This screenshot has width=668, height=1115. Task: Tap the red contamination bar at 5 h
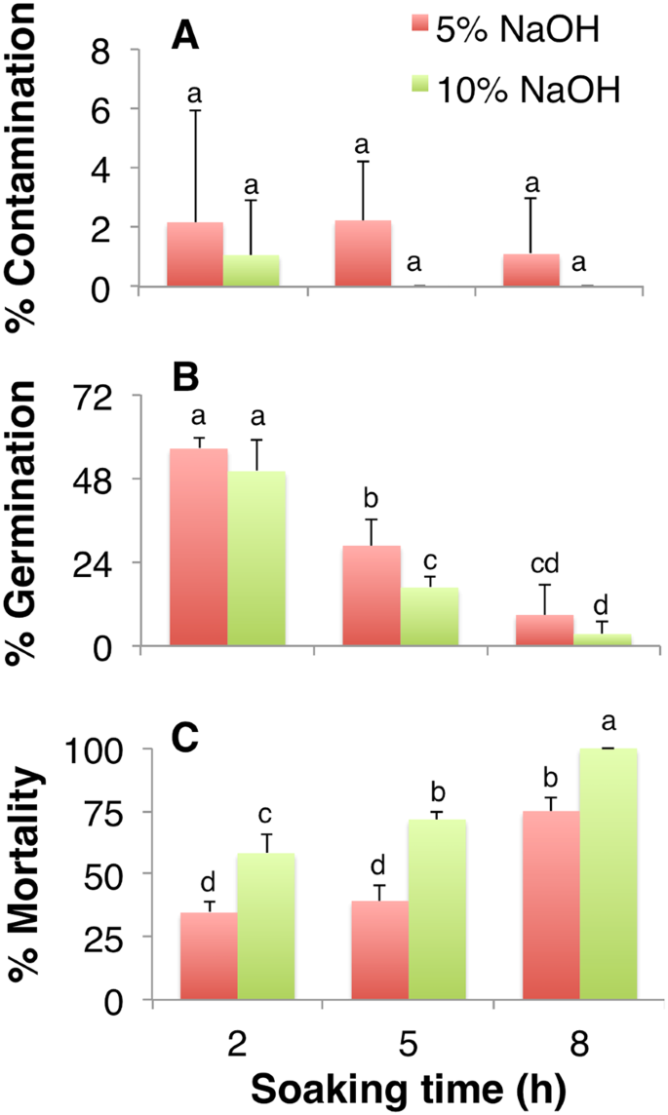[363, 253]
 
